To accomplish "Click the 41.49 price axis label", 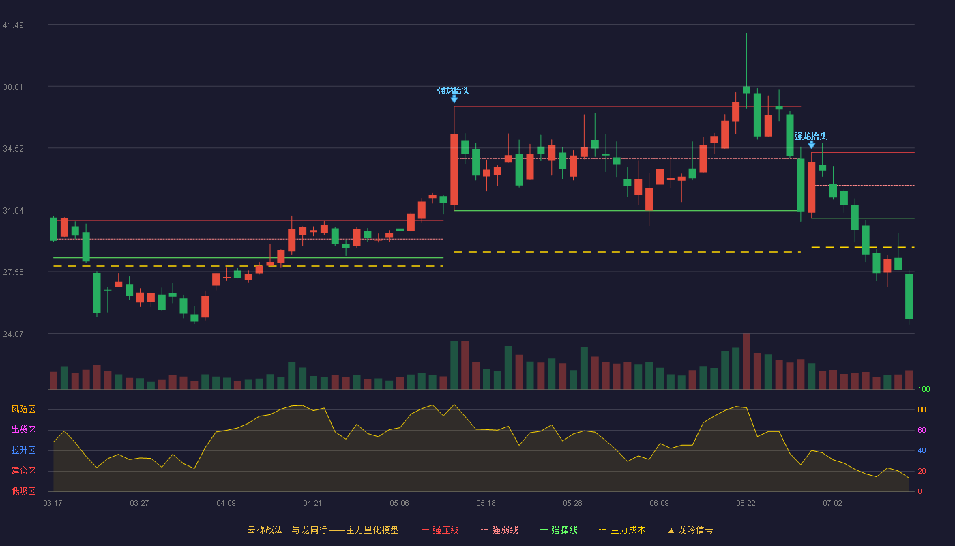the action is (x=13, y=25).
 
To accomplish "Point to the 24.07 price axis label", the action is (x=13, y=334).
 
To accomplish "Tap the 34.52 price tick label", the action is (x=13, y=149).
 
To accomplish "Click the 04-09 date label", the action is (x=226, y=504).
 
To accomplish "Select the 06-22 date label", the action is (x=746, y=504).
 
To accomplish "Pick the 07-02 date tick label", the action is (x=832, y=504).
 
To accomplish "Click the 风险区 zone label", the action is (x=23, y=409).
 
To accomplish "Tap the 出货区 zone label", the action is (x=23, y=429).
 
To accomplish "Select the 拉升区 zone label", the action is (x=23, y=450).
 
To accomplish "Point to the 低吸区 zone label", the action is (x=23, y=491).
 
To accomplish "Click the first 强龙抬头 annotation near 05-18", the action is (x=453, y=90).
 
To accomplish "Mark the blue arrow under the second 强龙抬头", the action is (x=811, y=145).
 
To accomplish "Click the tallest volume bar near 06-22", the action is (x=746, y=361).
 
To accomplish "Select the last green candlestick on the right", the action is (x=909, y=296).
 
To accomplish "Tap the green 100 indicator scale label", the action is (x=924, y=389).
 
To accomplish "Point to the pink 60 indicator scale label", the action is (x=922, y=430).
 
